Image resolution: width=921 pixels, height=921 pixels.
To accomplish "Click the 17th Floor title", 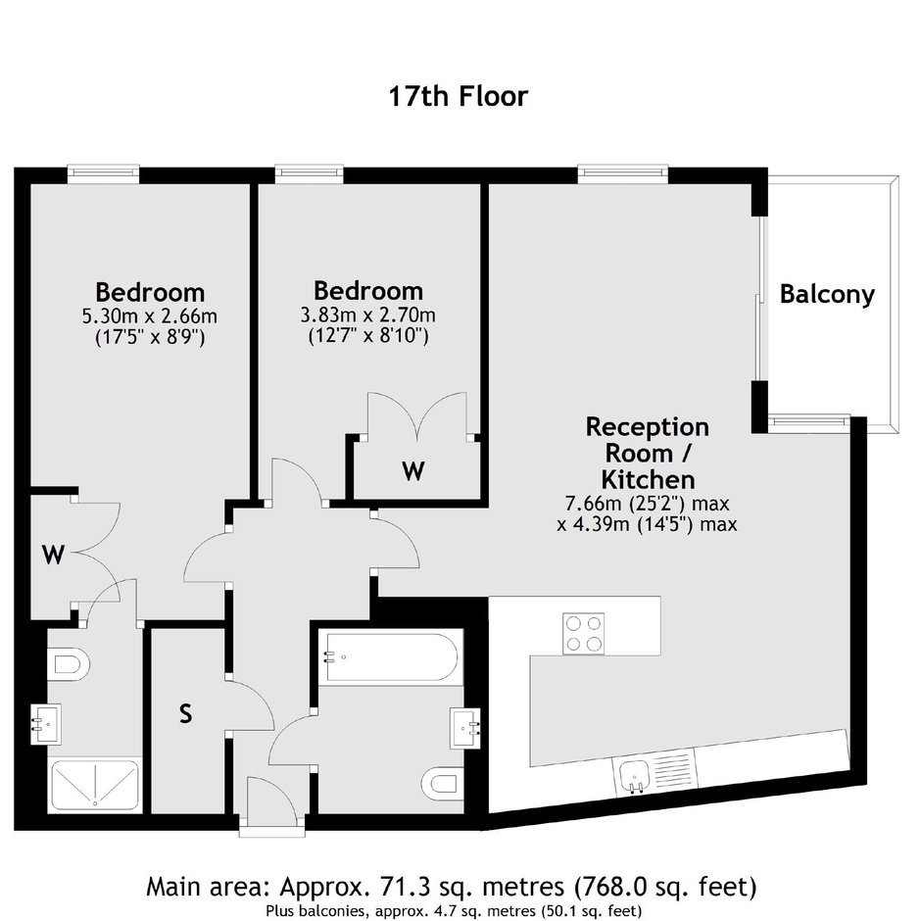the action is coord(459,96).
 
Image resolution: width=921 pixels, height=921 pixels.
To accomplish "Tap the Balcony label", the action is coord(827,294).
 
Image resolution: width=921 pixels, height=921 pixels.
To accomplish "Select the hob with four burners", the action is coord(583,633).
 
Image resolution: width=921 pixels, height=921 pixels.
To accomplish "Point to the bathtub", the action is coord(391,656).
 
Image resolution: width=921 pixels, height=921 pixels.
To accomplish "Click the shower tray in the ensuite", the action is coord(95,786).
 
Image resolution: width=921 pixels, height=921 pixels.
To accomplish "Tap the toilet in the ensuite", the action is coord(69,664).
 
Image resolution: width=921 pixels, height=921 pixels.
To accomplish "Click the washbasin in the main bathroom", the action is coord(465,728).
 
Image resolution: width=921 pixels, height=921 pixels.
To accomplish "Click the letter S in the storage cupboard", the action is coord(185,713).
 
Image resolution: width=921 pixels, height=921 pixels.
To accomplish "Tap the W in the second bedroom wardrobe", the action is coord(413,470).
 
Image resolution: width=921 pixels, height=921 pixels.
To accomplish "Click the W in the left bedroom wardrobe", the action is coord(53,555).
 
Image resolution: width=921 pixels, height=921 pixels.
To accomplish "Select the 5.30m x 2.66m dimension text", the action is coord(150,316).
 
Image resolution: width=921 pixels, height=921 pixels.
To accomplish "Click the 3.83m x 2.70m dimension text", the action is coord(368,315).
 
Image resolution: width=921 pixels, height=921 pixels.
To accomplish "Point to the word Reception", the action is coord(648,427).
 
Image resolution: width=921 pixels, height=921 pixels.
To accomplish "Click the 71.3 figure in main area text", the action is coord(412,887).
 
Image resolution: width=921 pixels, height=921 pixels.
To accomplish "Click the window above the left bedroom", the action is coord(104,173).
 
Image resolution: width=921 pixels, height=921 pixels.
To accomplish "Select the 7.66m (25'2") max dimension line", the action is coord(647,504).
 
